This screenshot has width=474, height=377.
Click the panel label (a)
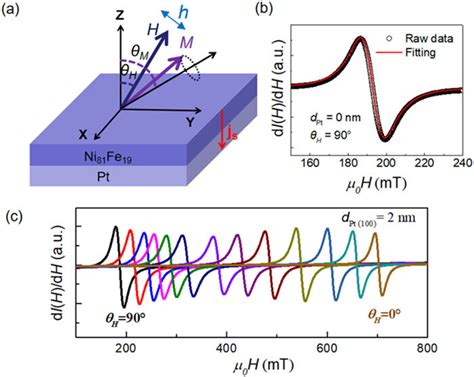coord(10,9)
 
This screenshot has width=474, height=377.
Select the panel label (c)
coord(14,217)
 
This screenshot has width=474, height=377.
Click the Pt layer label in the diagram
coord(103,177)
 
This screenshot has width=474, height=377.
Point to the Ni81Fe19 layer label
coord(108,157)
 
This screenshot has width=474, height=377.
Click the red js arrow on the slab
coord(221,130)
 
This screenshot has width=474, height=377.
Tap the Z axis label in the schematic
coord(120,15)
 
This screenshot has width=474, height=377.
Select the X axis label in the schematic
coord(83,134)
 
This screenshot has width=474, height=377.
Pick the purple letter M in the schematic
coord(186,42)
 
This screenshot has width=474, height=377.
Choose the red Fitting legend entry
coord(406,52)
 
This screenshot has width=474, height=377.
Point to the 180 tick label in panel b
coord(348,163)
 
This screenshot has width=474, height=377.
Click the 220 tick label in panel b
coord(425,163)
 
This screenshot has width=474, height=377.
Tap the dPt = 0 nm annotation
coord(333,118)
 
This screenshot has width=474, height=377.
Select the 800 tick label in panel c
coord(427,348)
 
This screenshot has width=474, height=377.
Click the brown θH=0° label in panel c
coord(384,314)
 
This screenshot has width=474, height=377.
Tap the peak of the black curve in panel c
coord(116,226)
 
